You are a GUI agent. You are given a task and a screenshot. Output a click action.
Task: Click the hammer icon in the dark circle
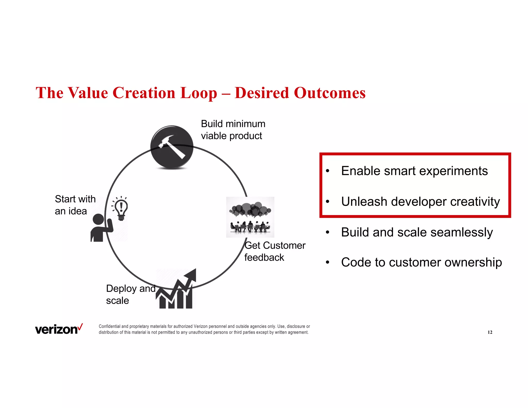[172, 147]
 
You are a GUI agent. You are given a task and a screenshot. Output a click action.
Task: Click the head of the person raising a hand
[98, 219]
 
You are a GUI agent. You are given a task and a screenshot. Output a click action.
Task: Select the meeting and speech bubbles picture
[250, 217]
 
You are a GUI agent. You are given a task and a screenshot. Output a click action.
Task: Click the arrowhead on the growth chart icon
[191, 274]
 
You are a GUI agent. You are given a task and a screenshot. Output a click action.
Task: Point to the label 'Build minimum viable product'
[233, 130]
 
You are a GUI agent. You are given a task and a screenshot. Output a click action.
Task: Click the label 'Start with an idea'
[75, 205]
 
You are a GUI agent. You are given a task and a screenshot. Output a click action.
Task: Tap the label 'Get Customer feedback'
[275, 251]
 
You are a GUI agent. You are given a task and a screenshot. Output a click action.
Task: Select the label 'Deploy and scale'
[130, 294]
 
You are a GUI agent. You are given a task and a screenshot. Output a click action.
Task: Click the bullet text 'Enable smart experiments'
[414, 171]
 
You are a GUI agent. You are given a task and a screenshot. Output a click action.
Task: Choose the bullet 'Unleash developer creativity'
[420, 202]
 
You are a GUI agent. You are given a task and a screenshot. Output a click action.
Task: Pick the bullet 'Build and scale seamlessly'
[417, 232]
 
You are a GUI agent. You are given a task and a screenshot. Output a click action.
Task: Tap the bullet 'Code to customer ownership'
[421, 262]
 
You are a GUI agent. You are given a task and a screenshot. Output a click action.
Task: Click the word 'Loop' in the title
[199, 93]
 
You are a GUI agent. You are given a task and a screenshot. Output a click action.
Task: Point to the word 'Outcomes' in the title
[329, 93]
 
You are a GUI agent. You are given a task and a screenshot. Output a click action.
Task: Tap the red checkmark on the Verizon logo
[80, 327]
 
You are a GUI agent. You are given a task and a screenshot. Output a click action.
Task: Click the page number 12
[490, 332]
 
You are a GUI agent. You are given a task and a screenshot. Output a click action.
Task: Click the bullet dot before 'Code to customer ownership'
[327, 263]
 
